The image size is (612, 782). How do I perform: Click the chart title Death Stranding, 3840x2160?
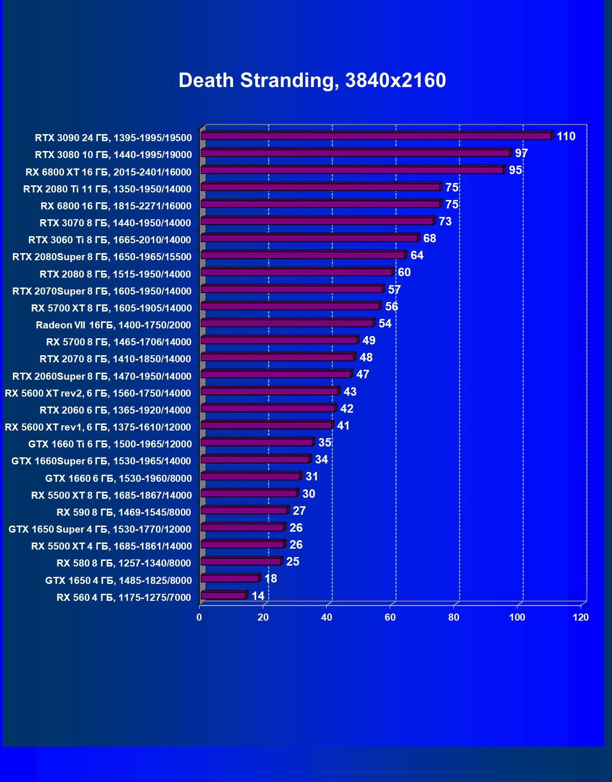coord(312,80)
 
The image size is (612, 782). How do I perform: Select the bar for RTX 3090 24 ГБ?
coord(376,136)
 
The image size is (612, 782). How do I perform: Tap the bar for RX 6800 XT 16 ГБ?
coord(352,170)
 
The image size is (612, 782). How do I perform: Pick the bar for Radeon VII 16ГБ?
coord(287,323)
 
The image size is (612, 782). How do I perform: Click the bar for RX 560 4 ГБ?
coord(224,596)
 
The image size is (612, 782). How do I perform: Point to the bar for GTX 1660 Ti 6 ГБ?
coord(257,442)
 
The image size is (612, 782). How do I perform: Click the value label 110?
coord(566,136)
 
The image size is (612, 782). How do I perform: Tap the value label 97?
coord(521,153)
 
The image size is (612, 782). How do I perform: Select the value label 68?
coord(429,239)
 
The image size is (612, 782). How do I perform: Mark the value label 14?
coord(258,596)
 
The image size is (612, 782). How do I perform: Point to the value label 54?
coord(385,324)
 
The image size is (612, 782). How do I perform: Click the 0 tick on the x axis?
coord(199,617)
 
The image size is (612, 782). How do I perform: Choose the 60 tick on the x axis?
coord(390,617)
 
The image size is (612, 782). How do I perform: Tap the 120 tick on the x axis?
coord(580,617)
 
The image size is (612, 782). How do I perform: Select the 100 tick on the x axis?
coord(517,617)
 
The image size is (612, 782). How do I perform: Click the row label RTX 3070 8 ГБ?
coord(115,223)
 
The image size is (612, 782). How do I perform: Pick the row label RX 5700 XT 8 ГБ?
coord(112,308)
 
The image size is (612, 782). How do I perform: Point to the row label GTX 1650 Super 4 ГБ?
coord(100,529)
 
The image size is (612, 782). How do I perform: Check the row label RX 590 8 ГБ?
coord(124,512)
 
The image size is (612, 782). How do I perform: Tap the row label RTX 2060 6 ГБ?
coord(115,410)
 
